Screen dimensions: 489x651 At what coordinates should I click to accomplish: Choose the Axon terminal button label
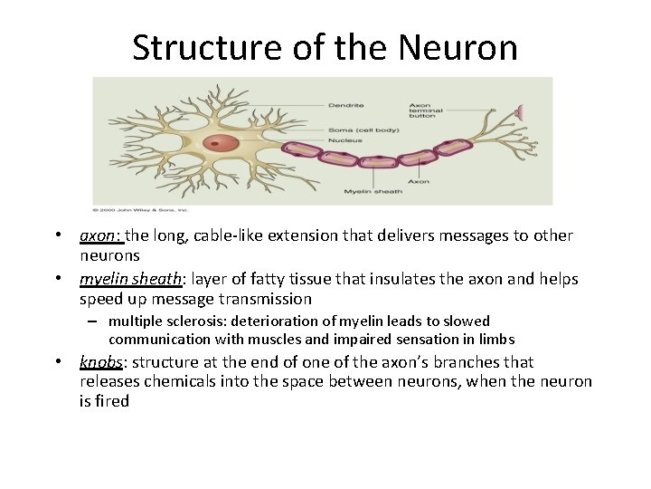426,110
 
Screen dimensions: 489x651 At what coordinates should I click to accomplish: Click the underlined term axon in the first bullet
99,235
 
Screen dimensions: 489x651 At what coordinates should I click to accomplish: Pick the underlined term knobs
100,362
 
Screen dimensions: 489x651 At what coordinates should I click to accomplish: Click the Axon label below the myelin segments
418,181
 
